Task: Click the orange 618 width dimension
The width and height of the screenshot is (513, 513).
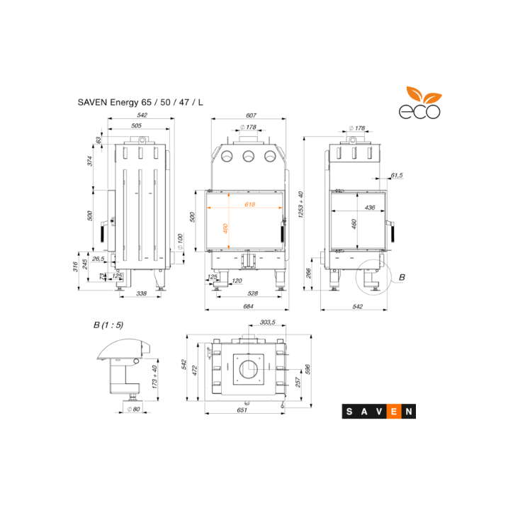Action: point(249,205)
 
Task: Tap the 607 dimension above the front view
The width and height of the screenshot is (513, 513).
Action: point(251,115)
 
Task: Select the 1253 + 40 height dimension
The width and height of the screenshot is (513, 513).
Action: point(300,205)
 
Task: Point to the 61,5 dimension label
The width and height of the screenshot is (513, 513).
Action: point(397,175)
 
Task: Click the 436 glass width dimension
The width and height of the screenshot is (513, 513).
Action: point(370,208)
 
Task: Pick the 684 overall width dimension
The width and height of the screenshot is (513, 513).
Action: point(248,306)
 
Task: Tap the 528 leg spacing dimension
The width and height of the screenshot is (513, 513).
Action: point(252,293)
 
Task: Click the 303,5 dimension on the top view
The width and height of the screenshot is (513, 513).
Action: point(268,322)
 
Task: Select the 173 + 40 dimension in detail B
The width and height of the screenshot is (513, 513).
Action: point(154,377)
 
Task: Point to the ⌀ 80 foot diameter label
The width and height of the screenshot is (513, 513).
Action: point(133,409)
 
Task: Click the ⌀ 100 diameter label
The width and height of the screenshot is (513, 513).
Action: point(180,242)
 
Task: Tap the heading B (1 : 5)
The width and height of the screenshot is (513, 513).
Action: point(108,325)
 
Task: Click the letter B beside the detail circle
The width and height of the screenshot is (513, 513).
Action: point(402,278)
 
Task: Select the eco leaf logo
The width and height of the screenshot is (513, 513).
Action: point(420,103)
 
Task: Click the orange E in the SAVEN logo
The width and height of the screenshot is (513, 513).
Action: point(394,412)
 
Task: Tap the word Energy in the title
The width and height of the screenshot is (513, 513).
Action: point(124,103)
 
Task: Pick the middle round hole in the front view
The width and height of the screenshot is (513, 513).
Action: point(248,157)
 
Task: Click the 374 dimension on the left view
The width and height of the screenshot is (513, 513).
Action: point(90,161)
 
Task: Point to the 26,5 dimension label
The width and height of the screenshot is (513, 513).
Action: point(98,259)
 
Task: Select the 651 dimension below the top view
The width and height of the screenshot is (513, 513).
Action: point(242,410)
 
